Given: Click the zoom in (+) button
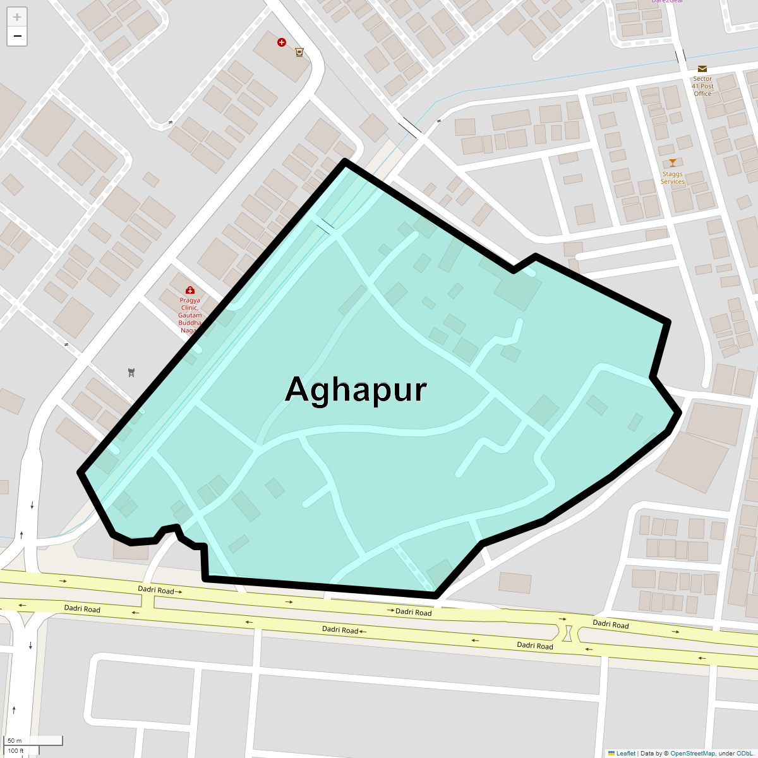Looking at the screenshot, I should coord(17,17).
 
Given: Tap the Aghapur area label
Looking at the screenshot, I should coord(356,390).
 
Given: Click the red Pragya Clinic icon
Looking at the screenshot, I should coord(189,291).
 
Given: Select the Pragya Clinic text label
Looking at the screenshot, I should coord(189,315).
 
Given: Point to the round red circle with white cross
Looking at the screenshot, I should coord(282,42).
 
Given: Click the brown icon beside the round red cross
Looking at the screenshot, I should coord(299,52).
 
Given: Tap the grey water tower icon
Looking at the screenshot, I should coord(131,372).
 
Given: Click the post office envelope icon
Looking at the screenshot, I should coord(702,69).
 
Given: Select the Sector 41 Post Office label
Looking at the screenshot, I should coord(702,87).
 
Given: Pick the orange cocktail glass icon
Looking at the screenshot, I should coord(672,163).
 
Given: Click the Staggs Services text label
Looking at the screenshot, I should coord(672,177).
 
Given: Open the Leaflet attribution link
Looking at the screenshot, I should coord(625,753).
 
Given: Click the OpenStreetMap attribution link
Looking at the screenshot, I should coord(692,753).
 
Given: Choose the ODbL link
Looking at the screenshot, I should coord(744,753).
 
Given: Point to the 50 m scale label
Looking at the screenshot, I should coord(15,740).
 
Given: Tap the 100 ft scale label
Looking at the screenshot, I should coord(16,750).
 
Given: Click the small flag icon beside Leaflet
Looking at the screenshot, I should coord(611,753).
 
